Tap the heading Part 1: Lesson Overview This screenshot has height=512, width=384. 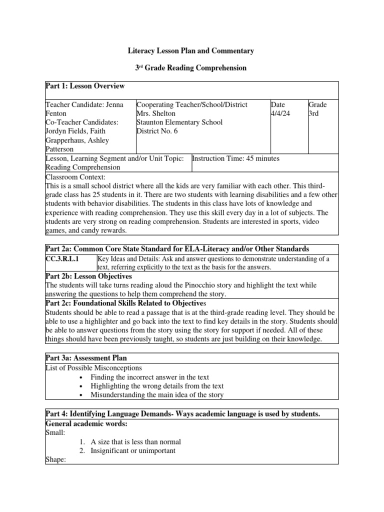(x=85, y=86)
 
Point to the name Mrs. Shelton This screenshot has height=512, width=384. (x=155, y=113)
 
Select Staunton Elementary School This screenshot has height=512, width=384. (x=179, y=122)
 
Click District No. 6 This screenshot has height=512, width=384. (x=157, y=131)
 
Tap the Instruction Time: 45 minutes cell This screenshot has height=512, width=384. (x=235, y=158)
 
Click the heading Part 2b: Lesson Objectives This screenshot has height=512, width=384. (x=88, y=276)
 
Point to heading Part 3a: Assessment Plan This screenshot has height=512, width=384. (x=86, y=358)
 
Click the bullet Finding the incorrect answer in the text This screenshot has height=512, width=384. (x=149, y=377)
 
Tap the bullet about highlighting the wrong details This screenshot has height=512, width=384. (x=157, y=386)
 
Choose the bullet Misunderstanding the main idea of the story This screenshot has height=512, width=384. (x=157, y=395)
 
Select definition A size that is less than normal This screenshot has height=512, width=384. (x=135, y=442)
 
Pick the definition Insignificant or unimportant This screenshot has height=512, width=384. (x=132, y=451)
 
